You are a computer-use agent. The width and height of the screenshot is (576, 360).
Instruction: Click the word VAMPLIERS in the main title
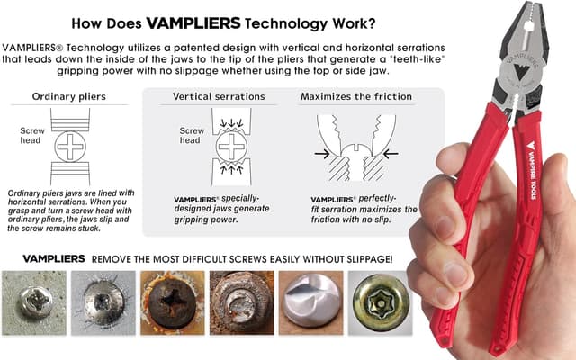point(193,23)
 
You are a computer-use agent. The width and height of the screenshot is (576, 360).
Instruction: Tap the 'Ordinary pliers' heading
point(69,96)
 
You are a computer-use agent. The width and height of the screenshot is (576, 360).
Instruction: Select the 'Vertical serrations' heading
point(219,96)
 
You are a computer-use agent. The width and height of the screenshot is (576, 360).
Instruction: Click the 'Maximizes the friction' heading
point(356,96)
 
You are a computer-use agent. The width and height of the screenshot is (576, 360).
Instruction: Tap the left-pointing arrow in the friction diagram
point(391,154)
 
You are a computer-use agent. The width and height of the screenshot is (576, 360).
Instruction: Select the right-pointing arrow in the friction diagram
point(322,154)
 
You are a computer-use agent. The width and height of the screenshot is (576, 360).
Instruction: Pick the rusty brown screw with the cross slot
point(172,302)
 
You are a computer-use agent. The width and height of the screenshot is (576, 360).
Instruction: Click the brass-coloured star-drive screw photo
point(380,302)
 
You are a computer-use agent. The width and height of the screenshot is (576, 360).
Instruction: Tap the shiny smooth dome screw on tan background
point(310,302)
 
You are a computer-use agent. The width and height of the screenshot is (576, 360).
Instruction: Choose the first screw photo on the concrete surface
point(34,302)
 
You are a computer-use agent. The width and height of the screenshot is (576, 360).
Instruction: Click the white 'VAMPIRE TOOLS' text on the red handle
point(532,170)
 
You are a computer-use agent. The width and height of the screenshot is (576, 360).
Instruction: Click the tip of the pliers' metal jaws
point(529,4)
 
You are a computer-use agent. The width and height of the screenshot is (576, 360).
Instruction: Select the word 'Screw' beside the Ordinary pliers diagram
point(32,130)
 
